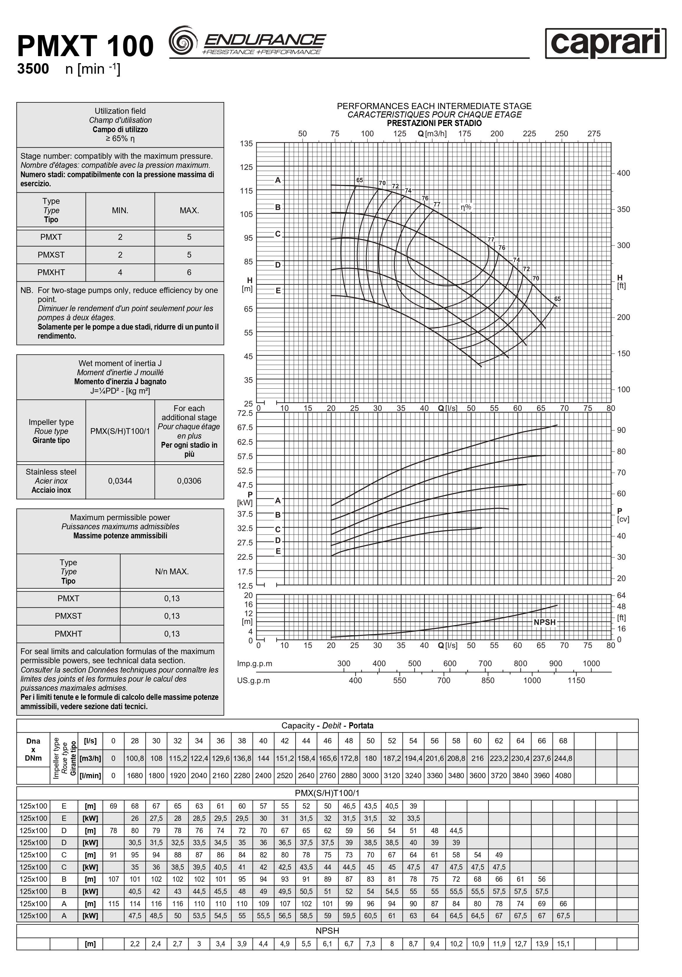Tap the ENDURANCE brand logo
[248, 42]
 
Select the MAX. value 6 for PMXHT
[189, 272]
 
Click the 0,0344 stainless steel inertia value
[120, 481]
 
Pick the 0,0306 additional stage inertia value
[189, 481]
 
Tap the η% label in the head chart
[466, 207]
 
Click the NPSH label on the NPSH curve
[545, 622]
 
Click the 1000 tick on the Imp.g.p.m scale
[591, 664]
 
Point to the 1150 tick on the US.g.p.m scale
[576, 680]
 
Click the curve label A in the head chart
[278, 180]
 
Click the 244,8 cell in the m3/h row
[563, 758]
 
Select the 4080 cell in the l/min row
[563, 775]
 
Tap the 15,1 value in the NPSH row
[563, 944]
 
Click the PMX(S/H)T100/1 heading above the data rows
[327, 793]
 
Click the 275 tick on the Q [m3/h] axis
[594, 134]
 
